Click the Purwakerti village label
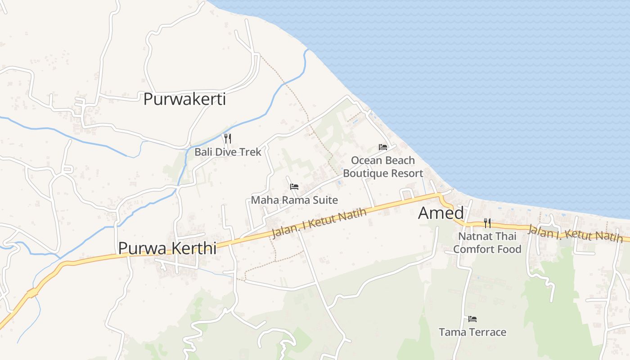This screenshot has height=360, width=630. coord(184,99)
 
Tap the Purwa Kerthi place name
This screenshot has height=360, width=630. coord(167,248)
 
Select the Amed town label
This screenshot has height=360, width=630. coord(441,213)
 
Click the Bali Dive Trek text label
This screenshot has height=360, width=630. coord(228,152)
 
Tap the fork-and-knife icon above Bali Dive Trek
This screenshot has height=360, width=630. coord(228,138)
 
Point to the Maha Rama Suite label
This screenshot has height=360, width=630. coord(294,200)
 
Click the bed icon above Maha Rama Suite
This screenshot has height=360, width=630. coord(294,186)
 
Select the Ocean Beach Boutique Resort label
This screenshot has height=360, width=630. coord(383,166)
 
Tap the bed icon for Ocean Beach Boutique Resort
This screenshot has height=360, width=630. coord(383,147)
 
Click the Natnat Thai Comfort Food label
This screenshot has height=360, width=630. coord(487,243)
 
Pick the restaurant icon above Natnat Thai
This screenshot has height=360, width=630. coord(487,223)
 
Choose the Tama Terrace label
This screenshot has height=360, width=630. coord(472,332)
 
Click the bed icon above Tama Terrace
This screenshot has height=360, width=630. coord(472,319)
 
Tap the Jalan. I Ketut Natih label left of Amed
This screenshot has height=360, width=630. coord(319,224)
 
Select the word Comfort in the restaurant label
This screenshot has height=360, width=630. coord(471,249)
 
